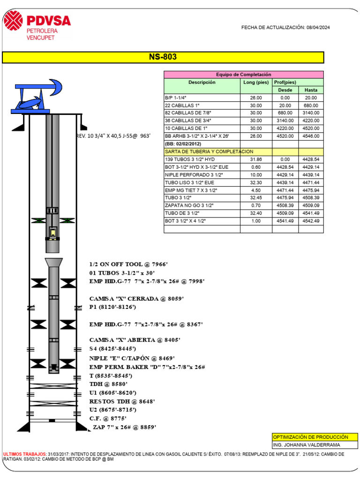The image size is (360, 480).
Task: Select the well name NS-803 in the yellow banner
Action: point(163,58)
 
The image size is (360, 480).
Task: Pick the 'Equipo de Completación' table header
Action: point(243,75)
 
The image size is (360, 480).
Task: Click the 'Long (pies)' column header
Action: point(256,82)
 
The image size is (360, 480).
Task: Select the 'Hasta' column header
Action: point(311,90)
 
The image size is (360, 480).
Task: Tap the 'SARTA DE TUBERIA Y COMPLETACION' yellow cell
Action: point(209,152)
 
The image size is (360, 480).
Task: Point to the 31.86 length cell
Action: point(256,159)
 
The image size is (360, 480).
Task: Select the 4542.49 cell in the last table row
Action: point(311,220)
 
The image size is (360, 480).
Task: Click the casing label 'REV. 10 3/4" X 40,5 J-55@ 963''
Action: point(113,135)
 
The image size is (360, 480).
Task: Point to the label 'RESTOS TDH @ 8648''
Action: point(122,401)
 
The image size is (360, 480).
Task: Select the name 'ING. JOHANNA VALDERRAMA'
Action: point(307,445)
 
